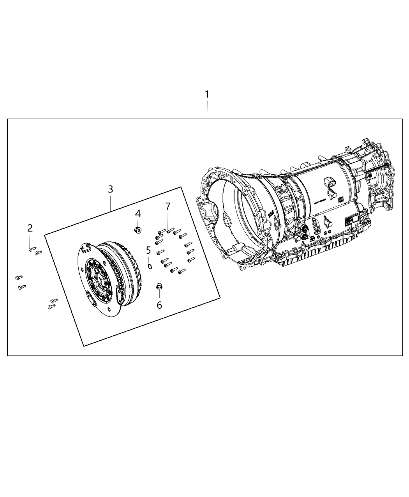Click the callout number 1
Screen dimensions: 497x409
point(207,94)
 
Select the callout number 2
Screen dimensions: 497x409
point(30,228)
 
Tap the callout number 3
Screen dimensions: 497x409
point(111,189)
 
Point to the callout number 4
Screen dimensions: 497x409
point(138,213)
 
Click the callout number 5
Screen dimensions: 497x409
point(148,250)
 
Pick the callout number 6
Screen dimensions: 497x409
point(159,305)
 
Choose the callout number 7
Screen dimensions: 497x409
point(168,206)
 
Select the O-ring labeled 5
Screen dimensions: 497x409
point(150,266)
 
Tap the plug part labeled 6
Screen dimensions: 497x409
point(159,287)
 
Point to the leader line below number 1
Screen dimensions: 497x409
point(207,109)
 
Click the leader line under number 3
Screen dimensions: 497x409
point(111,203)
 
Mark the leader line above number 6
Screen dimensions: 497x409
point(159,295)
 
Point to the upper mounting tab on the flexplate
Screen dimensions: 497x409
point(85,248)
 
